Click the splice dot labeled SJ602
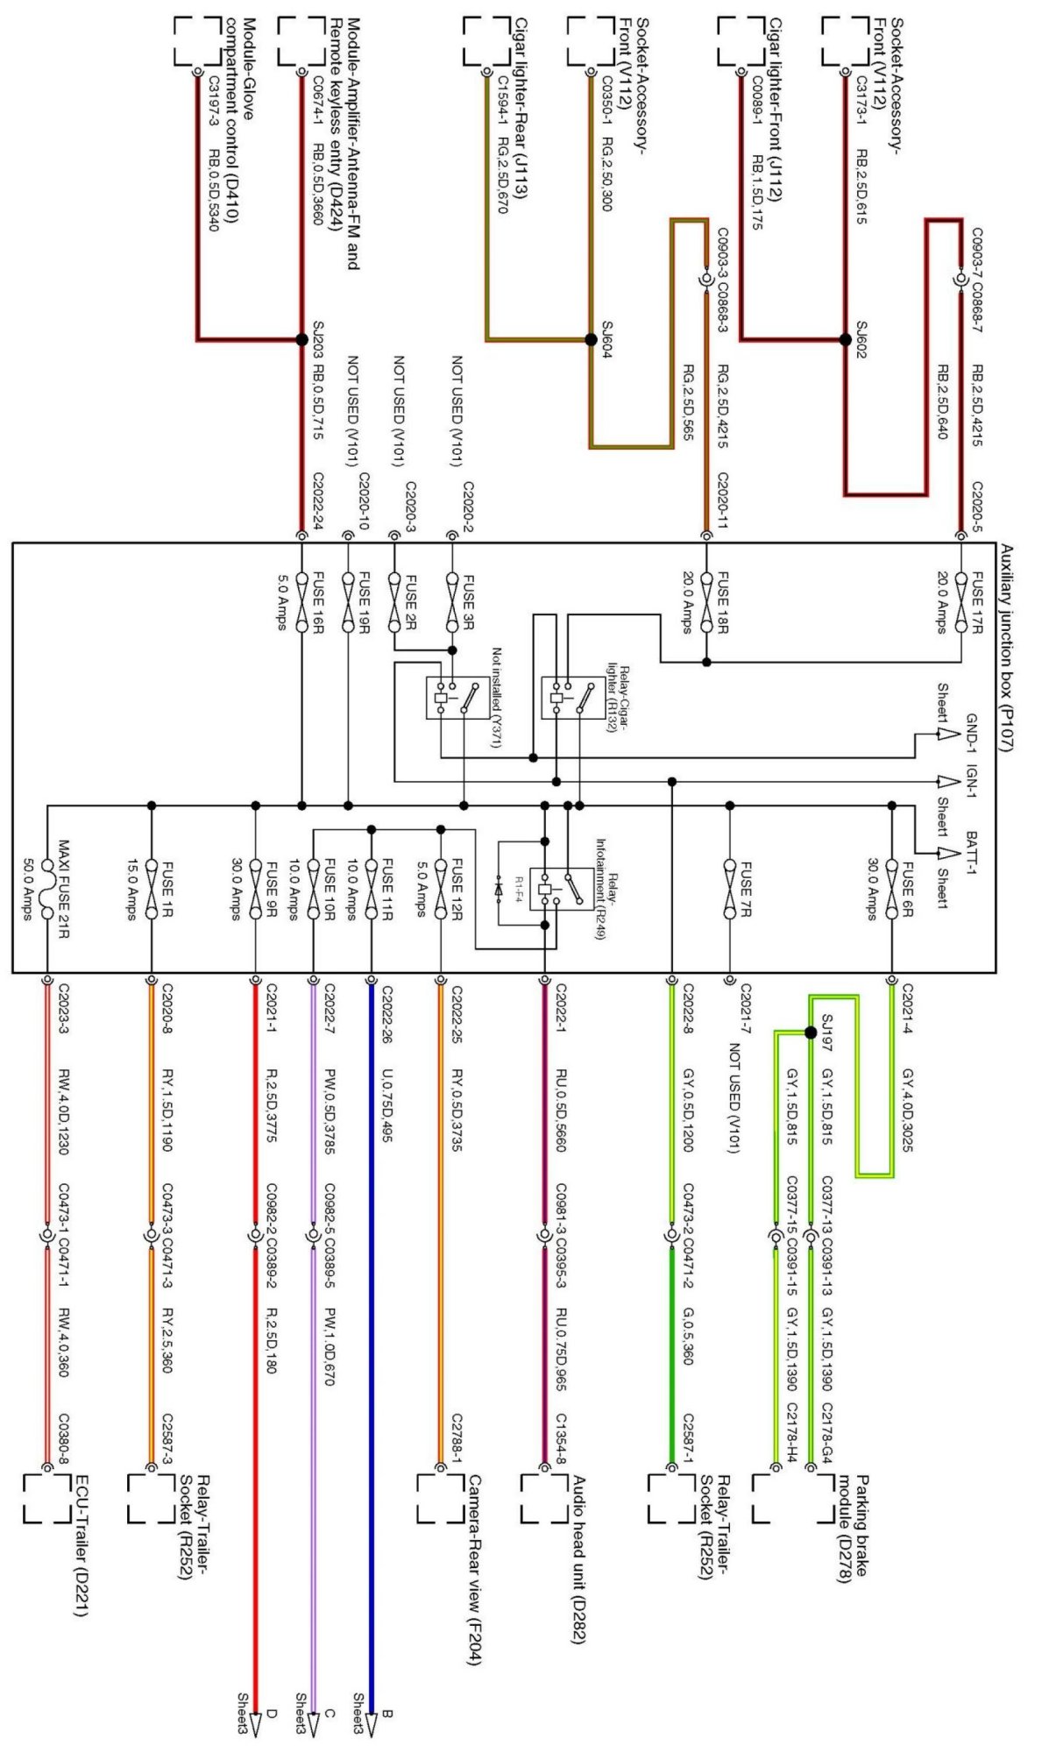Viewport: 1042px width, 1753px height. pyautogui.click(x=845, y=339)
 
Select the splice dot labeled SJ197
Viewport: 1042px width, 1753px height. pyautogui.click(x=811, y=1033)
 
